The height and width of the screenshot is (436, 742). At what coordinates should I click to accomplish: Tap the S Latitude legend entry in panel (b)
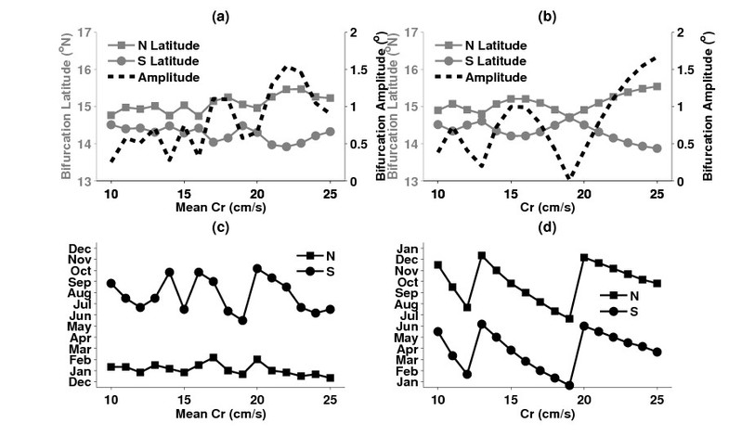(487, 60)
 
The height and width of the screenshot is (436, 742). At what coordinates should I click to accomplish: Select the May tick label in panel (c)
(79, 327)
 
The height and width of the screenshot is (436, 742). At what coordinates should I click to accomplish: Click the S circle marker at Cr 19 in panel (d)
(569, 386)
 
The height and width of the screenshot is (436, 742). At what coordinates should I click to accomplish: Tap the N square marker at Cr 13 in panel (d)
(482, 255)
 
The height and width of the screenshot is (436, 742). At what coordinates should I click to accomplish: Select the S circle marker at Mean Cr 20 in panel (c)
(257, 268)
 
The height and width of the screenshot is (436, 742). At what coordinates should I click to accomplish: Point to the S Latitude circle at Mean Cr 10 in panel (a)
(111, 124)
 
